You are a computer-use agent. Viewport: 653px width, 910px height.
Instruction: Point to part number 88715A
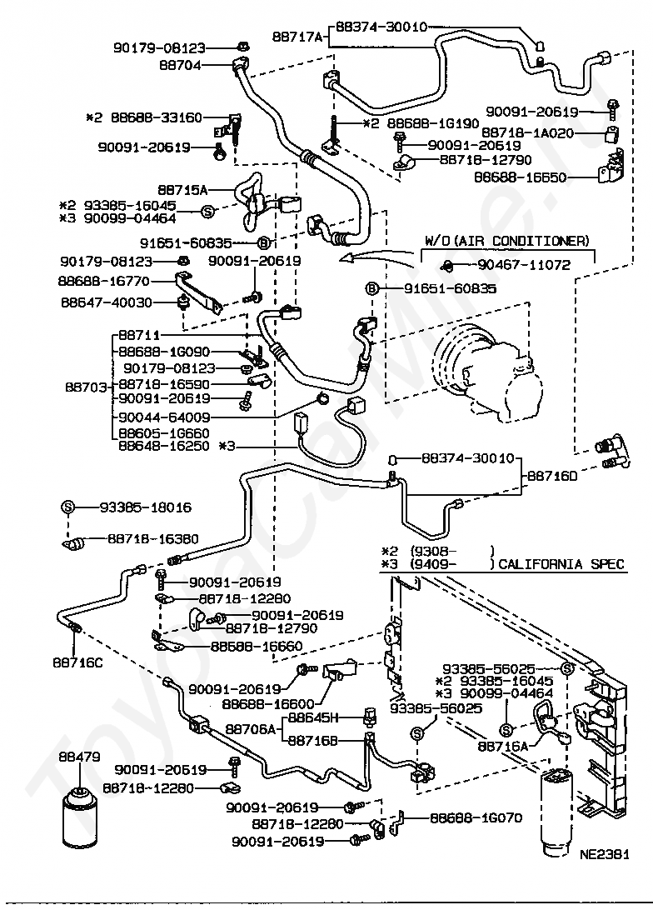tap(183, 189)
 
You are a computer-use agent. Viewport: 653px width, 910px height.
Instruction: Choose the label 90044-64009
tap(164, 417)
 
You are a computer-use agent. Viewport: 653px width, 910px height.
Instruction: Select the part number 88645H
tap(312, 717)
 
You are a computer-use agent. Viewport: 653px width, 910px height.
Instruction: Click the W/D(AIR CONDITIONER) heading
tap(506, 241)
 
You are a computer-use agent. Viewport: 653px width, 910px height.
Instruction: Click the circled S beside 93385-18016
tap(68, 507)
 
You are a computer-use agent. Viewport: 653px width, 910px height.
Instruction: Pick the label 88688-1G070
tap(476, 817)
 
